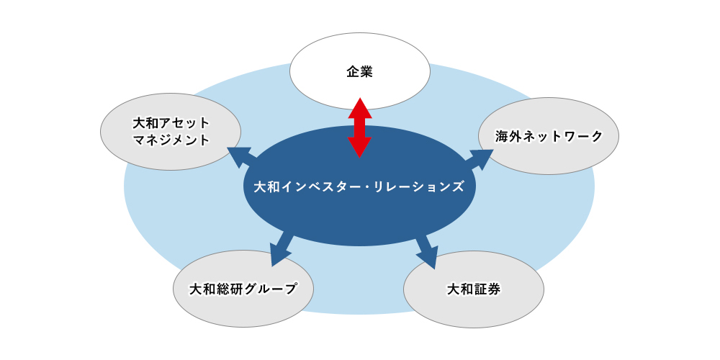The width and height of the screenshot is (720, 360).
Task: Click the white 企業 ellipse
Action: tap(359, 71)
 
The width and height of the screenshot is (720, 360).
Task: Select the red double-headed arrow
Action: tap(359, 127)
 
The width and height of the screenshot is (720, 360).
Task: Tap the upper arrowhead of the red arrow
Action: tap(359, 109)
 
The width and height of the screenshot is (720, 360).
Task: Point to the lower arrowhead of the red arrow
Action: tap(359, 147)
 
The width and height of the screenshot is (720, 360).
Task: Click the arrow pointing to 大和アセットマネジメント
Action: tap(241, 158)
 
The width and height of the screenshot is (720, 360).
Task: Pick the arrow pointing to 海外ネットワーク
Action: tap(478, 159)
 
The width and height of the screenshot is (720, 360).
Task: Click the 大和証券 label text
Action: tap(474, 289)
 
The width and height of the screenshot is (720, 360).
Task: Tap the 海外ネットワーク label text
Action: tap(549, 136)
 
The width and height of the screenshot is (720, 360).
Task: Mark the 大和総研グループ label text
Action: tap(243, 289)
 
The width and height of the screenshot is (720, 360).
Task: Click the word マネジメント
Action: tap(171, 140)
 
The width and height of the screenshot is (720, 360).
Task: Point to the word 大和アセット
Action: tap(171, 123)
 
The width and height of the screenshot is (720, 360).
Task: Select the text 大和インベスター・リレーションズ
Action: tap(359, 187)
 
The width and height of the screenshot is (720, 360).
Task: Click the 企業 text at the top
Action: tap(359, 71)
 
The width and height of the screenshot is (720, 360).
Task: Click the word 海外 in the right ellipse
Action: tap(508, 136)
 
